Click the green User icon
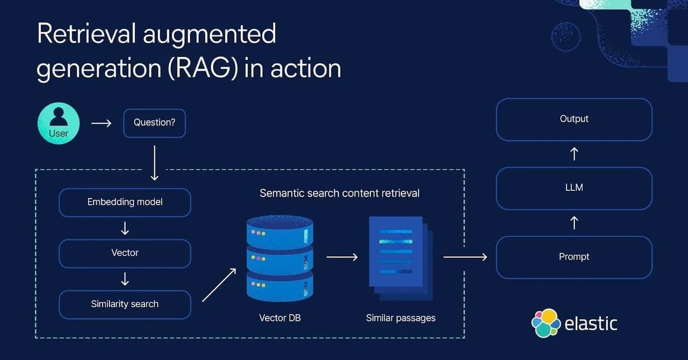click(x=58, y=123)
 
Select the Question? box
click(x=154, y=123)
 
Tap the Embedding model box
click(x=125, y=202)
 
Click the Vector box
click(x=125, y=253)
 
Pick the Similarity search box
click(x=125, y=304)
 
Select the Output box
click(x=574, y=119)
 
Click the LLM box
click(x=574, y=188)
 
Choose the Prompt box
click(x=574, y=257)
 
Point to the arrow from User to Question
click(x=101, y=123)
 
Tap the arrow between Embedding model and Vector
click(x=125, y=228)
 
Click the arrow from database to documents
click(x=342, y=257)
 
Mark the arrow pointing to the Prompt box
click(x=465, y=257)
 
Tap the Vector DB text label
click(x=280, y=317)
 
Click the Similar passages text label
click(x=401, y=317)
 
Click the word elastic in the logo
click(x=591, y=323)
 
